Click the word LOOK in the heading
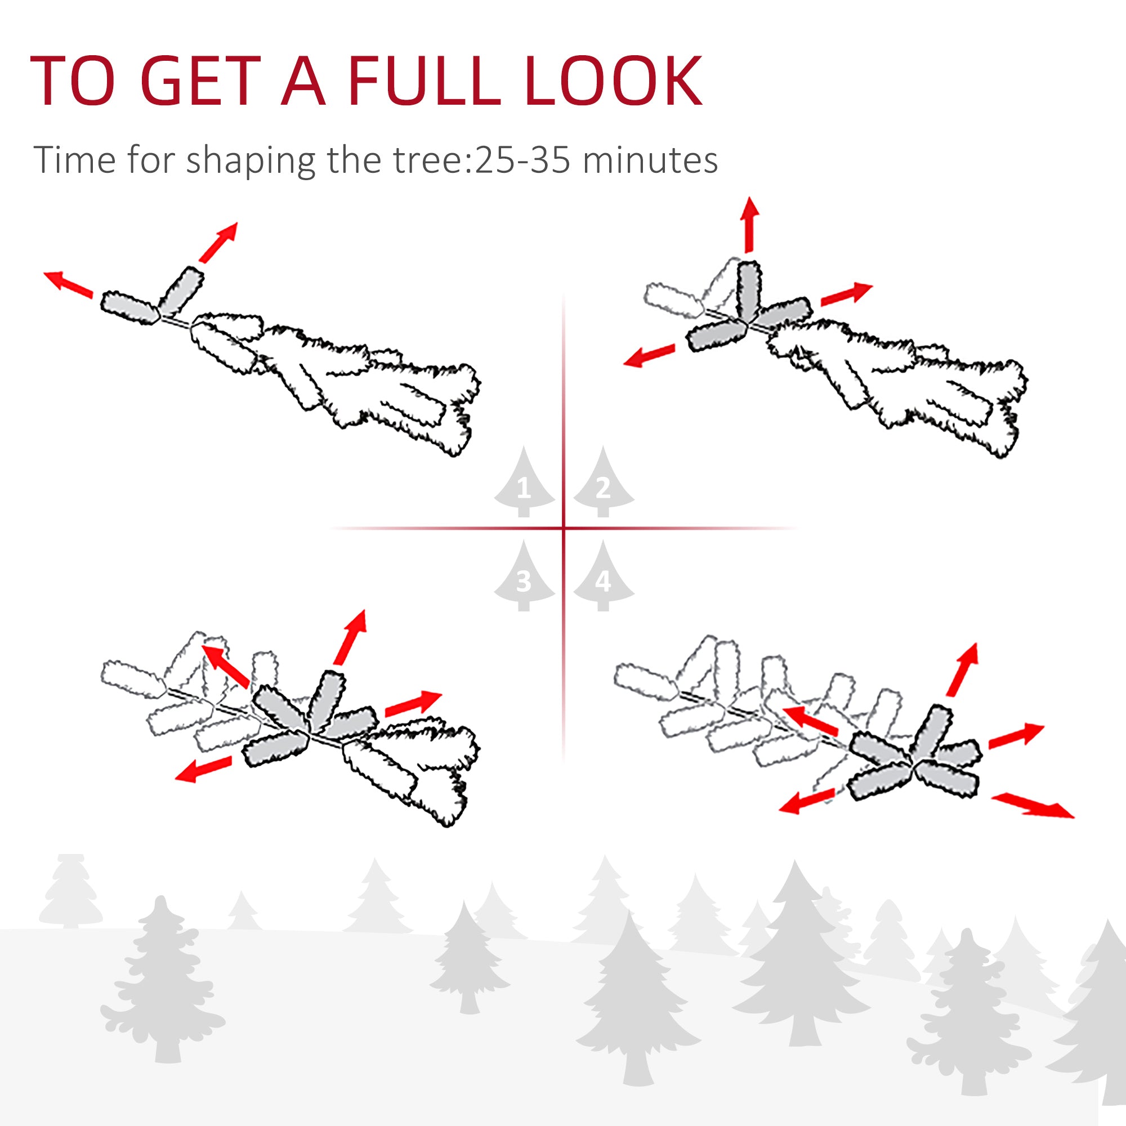tap(614, 82)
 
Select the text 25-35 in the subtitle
tap(522, 160)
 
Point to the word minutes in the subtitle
tap(650, 160)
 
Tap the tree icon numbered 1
tap(524, 481)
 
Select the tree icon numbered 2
tap(603, 481)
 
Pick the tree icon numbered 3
tap(524, 575)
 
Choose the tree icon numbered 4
tap(603, 575)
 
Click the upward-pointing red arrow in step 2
tap(749, 225)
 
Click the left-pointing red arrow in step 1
tap(68, 284)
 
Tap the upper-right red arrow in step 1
tap(218, 242)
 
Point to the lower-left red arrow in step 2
tap(649, 355)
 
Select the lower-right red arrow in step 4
tap(1033, 805)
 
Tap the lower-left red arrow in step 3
tap(203, 769)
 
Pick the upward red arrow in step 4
tap(962, 669)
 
